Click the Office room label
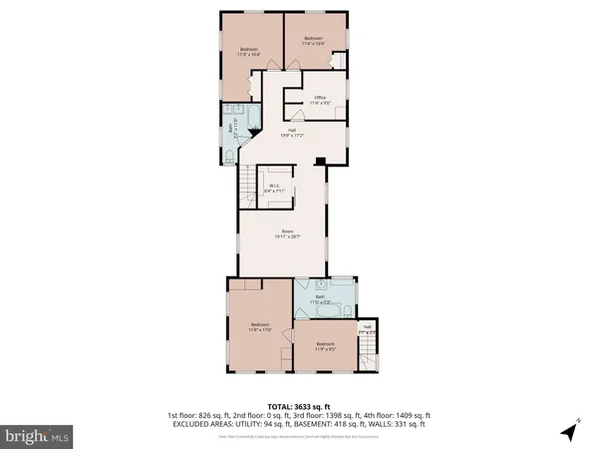pos(318,99)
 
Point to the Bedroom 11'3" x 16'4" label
pos(249,52)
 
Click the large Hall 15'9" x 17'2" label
pos(292,133)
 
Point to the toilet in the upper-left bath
pos(231,155)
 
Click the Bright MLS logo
pos(38,435)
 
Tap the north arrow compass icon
pos(568,431)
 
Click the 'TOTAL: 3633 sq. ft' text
pos(299,406)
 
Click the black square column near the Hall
pos(318,162)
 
